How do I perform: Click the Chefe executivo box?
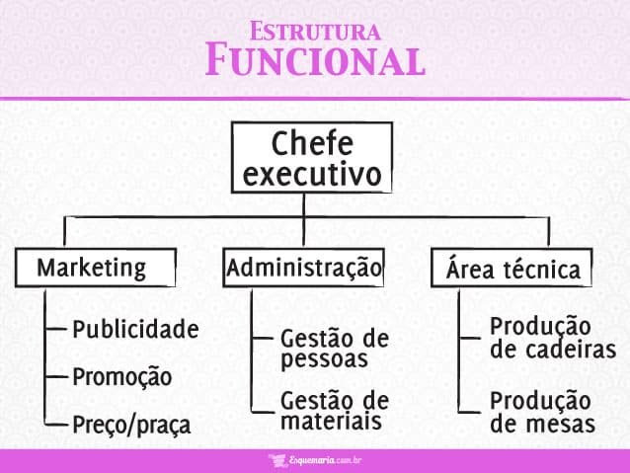pyautogui.click(x=312, y=158)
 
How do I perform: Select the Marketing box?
pyautogui.click(x=95, y=268)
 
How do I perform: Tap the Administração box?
pyautogui.click(x=303, y=268)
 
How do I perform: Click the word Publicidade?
pyautogui.click(x=135, y=329)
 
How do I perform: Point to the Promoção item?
pyautogui.click(x=121, y=377)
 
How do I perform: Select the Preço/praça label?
pyautogui.click(x=131, y=426)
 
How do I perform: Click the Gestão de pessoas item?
pyautogui.click(x=335, y=349)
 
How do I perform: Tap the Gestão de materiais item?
pyautogui.click(x=335, y=411)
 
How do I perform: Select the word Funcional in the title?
pyautogui.click(x=314, y=61)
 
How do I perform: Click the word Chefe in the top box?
pyautogui.click(x=312, y=142)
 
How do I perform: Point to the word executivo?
pyautogui.click(x=312, y=175)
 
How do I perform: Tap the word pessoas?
pyautogui.click(x=324, y=359)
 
